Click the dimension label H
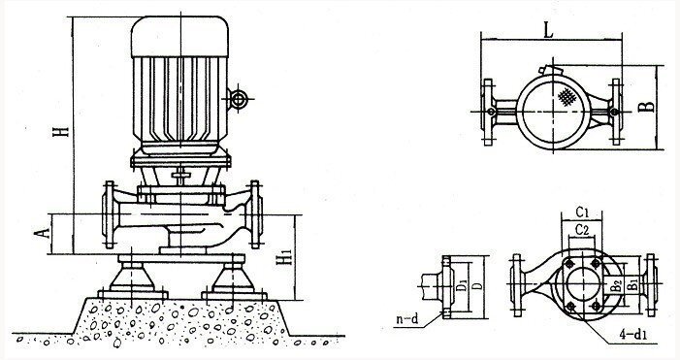[x=61, y=130]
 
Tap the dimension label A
[x=42, y=234]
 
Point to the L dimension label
[x=549, y=30]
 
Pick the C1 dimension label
[x=582, y=213]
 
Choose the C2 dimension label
[x=582, y=229]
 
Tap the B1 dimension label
[x=633, y=284]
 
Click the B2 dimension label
[x=618, y=285]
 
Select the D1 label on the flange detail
[x=463, y=286]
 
